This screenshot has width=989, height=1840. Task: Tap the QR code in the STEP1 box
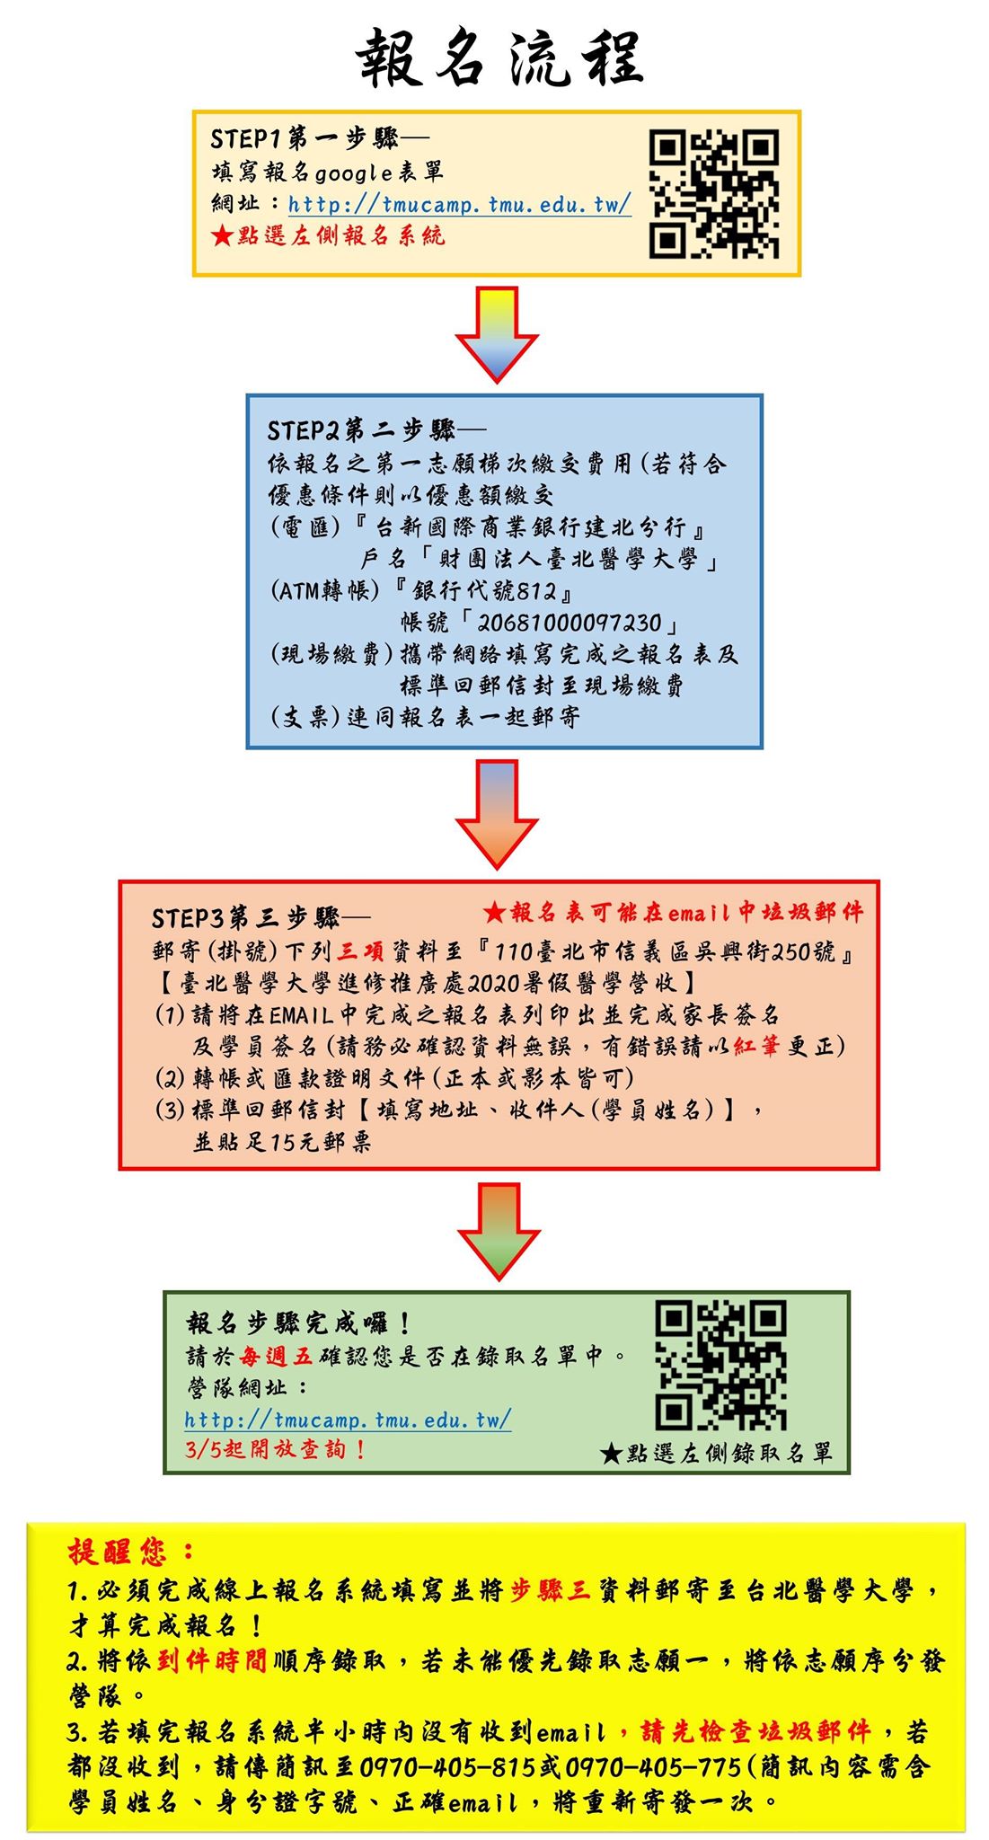(714, 194)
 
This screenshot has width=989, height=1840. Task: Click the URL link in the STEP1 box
(459, 205)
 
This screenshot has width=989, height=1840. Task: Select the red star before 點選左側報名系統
(222, 236)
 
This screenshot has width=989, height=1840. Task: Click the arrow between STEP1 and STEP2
(497, 333)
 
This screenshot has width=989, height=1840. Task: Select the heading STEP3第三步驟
(260, 918)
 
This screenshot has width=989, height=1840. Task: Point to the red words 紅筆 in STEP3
(756, 1046)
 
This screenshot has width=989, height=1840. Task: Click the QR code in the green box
(720, 1365)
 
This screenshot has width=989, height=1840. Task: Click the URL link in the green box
(348, 1420)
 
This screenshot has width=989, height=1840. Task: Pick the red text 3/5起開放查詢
(275, 1449)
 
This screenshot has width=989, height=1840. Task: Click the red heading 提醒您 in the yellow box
(131, 1552)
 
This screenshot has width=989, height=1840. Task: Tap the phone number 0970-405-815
(447, 1767)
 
